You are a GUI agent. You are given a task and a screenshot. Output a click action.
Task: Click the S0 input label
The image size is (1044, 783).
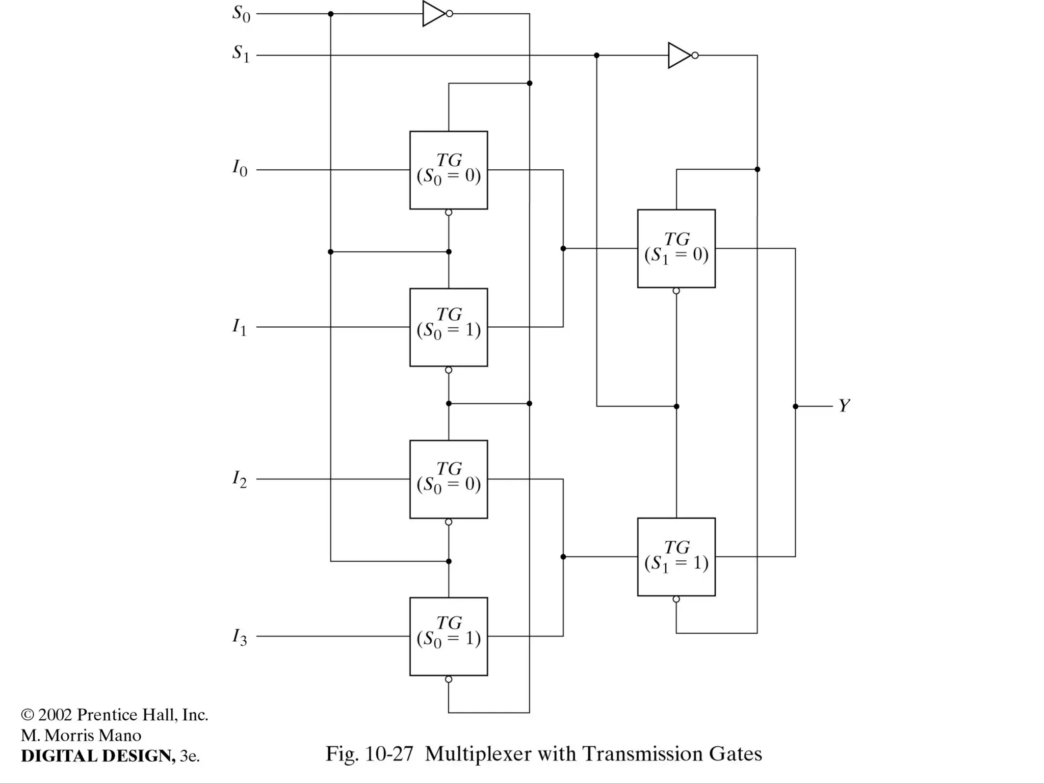click(241, 14)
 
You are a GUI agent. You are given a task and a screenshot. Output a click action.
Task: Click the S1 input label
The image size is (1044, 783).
click(241, 53)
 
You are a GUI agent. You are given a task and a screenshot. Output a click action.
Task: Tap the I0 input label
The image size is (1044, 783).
click(240, 168)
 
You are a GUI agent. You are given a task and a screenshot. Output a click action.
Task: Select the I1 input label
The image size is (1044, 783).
click(240, 326)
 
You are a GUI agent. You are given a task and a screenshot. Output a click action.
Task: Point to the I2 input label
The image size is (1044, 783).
click(240, 479)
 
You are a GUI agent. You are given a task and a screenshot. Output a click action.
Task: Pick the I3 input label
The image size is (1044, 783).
click(240, 636)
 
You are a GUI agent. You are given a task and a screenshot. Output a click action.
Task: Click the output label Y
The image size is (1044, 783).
click(844, 406)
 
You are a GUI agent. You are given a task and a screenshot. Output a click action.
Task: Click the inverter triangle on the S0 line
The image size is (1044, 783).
click(434, 14)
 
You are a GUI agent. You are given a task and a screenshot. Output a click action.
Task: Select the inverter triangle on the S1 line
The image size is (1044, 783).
click(680, 55)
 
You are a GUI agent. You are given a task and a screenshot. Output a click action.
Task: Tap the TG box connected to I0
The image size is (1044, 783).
click(449, 170)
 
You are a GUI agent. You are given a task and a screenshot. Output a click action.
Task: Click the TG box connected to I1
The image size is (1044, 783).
click(449, 327)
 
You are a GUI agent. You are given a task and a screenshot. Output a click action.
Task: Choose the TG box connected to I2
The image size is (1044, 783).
click(449, 479)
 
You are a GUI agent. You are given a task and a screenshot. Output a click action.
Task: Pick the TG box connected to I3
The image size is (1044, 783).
click(449, 636)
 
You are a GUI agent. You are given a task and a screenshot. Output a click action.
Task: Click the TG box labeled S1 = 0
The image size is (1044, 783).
click(676, 249)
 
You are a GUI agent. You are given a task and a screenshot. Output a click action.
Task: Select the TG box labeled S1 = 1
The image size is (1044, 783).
click(676, 557)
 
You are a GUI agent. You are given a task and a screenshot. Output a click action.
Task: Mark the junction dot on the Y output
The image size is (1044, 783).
click(795, 406)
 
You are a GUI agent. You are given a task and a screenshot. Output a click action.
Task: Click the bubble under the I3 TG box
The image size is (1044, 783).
click(449, 680)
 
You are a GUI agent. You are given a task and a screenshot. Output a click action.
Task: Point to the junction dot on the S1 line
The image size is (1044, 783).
click(596, 55)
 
